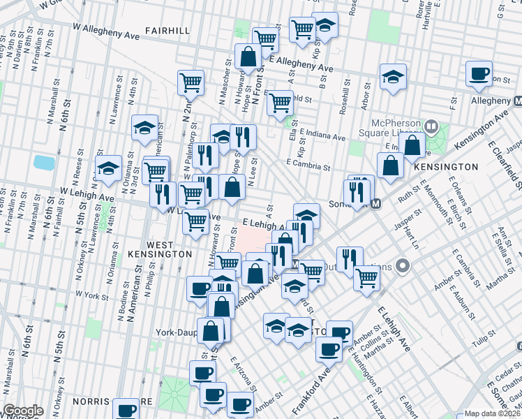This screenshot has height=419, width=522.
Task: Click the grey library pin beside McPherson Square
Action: click(x=431, y=126)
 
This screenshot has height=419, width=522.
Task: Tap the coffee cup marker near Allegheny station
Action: click(x=479, y=73)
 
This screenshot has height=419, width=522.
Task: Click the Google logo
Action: click(x=23, y=411)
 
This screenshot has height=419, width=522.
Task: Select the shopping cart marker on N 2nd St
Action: click(x=191, y=82)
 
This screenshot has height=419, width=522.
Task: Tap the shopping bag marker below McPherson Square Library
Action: click(x=413, y=145)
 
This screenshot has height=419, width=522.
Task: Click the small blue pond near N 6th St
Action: click(x=44, y=163)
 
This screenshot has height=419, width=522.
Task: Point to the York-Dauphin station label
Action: click(x=176, y=332)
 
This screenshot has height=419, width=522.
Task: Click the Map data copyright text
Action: click(x=491, y=413)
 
